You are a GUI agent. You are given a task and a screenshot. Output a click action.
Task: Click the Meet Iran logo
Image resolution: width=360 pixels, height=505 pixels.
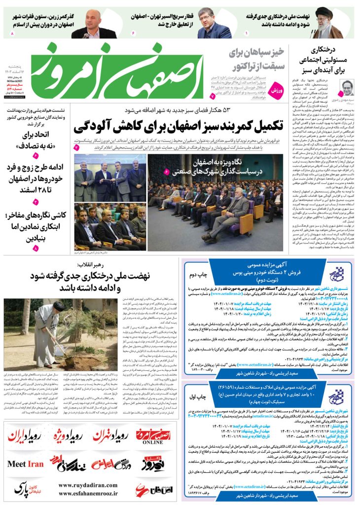coord(25,464)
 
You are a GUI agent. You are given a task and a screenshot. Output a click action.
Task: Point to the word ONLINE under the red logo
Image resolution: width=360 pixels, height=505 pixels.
coord(153,442)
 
